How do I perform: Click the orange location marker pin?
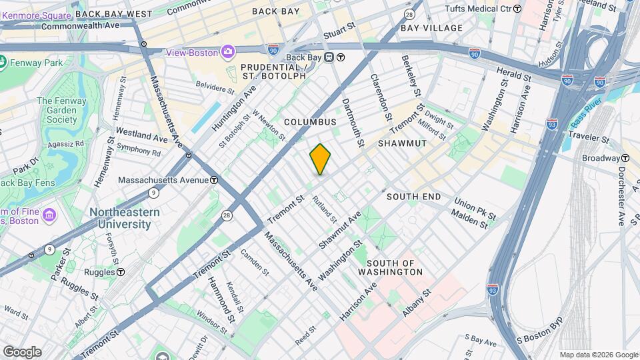[x=320, y=159]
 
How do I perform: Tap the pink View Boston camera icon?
[x=229, y=51]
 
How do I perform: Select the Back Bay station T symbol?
[x=340, y=57]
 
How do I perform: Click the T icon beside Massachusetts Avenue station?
[x=214, y=180]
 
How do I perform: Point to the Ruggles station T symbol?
[x=121, y=272]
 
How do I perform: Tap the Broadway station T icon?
[x=625, y=158]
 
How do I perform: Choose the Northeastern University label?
[x=125, y=218]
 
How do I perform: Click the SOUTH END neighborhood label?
[x=413, y=197]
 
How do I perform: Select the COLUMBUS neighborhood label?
[x=310, y=122]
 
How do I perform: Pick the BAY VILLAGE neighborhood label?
[x=431, y=28]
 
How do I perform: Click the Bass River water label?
[x=586, y=114]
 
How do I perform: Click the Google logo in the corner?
[x=22, y=351]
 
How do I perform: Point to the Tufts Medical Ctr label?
[x=483, y=9]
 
